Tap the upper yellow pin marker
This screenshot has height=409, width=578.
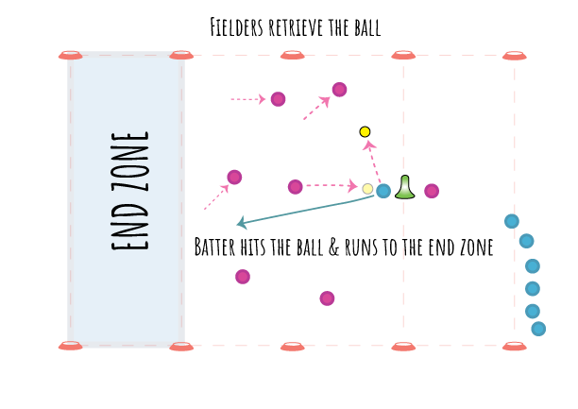365,132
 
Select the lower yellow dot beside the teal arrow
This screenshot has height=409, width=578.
367,189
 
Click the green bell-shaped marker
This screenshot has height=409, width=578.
404,187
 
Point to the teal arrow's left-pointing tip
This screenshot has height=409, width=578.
235,225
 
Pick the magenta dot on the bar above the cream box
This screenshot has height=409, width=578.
432,192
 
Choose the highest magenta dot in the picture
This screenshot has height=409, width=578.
338,89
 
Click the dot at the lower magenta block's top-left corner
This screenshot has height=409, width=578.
242,276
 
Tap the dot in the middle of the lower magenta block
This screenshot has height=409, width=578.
327,298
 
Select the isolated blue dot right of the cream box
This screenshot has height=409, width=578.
511,221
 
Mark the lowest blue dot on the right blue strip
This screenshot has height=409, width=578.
538,329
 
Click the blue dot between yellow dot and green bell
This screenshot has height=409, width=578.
383,191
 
